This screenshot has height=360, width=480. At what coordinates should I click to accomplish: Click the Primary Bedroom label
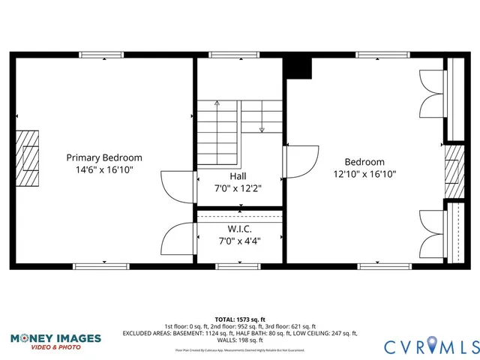pyautogui.click(x=104, y=157)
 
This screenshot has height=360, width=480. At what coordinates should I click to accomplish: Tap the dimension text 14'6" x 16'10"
pyautogui.click(x=104, y=170)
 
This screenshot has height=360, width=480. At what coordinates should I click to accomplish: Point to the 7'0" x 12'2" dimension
pyautogui.click(x=239, y=188)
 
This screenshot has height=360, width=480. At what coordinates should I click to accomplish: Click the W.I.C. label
pyautogui.click(x=239, y=228)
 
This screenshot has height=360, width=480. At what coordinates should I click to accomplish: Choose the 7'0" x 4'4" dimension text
pyautogui.click(x=239, y=241)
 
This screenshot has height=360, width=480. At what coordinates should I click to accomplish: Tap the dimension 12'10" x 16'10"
pyautogui.click(x=364, y=174)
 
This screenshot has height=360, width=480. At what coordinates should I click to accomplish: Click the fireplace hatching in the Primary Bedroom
pyautogui.click(x=27, y=157)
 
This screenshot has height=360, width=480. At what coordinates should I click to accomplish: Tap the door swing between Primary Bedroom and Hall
pyautogui.click(x=177, y=186)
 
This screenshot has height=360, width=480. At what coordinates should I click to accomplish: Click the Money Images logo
pyautogui.click(x=55, y=341)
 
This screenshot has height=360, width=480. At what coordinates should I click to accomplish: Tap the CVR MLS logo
pyautogui.click(x=431, y=346)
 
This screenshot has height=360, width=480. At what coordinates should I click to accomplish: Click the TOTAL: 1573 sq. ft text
pyautogui.click(x=240, y=319)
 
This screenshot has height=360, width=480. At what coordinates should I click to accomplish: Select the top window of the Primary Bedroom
pyautogui.click(x=102, y=55)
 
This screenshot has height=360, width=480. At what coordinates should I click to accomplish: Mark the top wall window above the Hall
pyautogui.click(x=223, y=55)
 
